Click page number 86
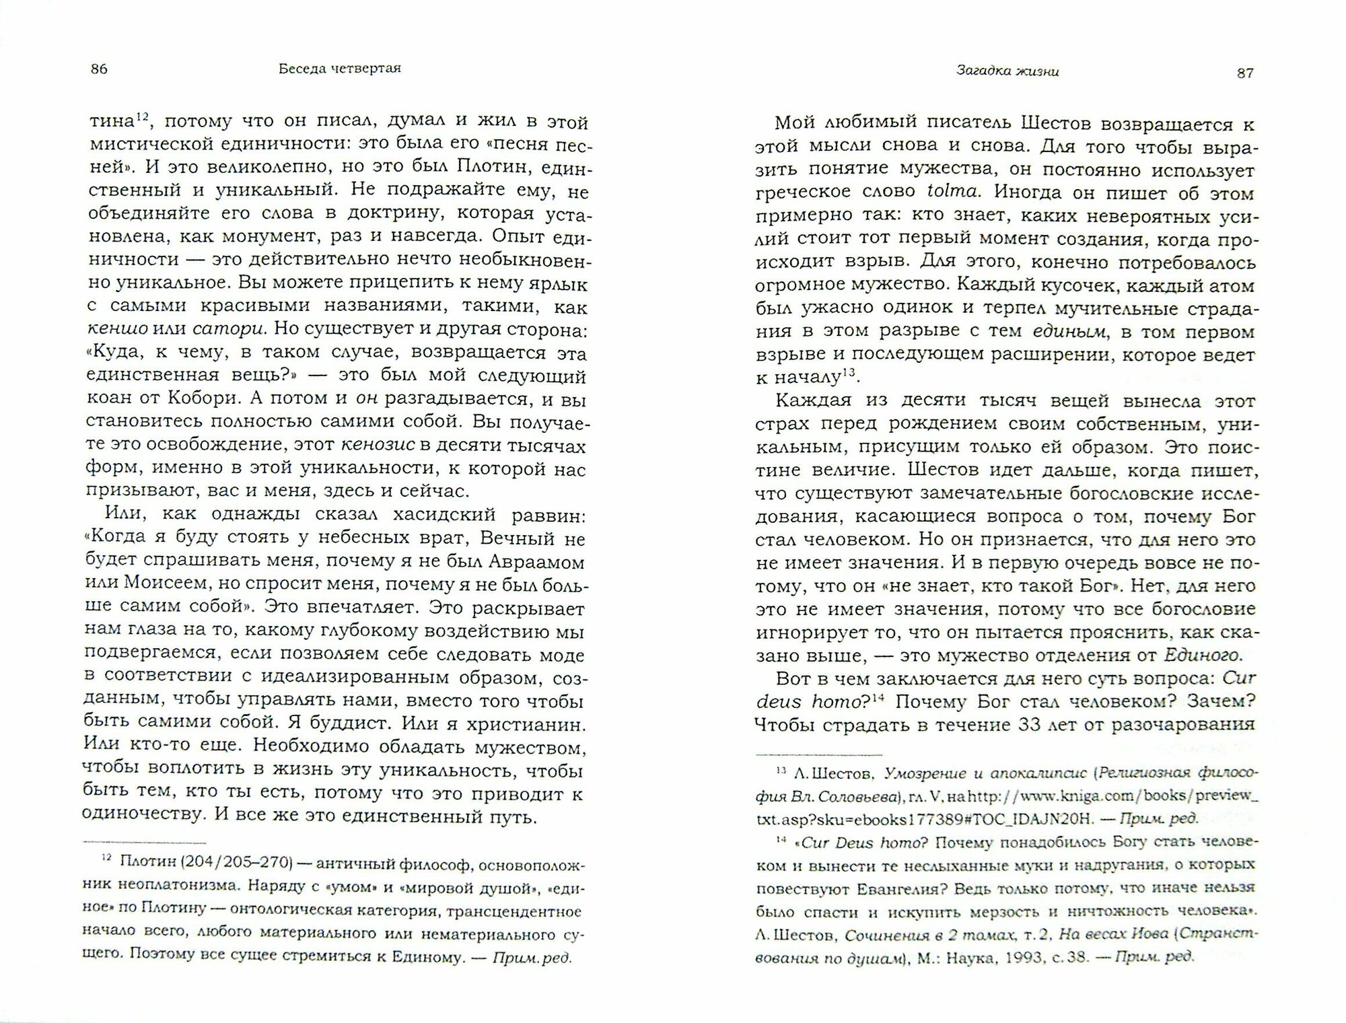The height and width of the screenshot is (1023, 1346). click(x=98, y=69)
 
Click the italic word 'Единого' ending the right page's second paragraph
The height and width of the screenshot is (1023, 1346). click(x=1204, y=654)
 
